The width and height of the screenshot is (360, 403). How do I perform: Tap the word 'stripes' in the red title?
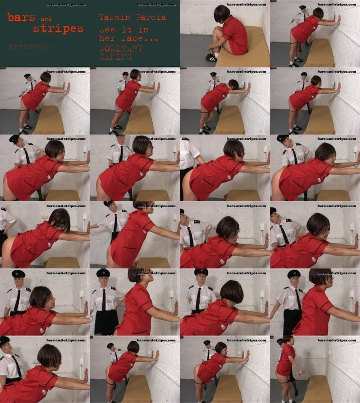coord(58,28)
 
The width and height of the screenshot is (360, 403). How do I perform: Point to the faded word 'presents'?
coord(29,46)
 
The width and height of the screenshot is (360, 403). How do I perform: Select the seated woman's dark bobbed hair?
coord(222,13)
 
